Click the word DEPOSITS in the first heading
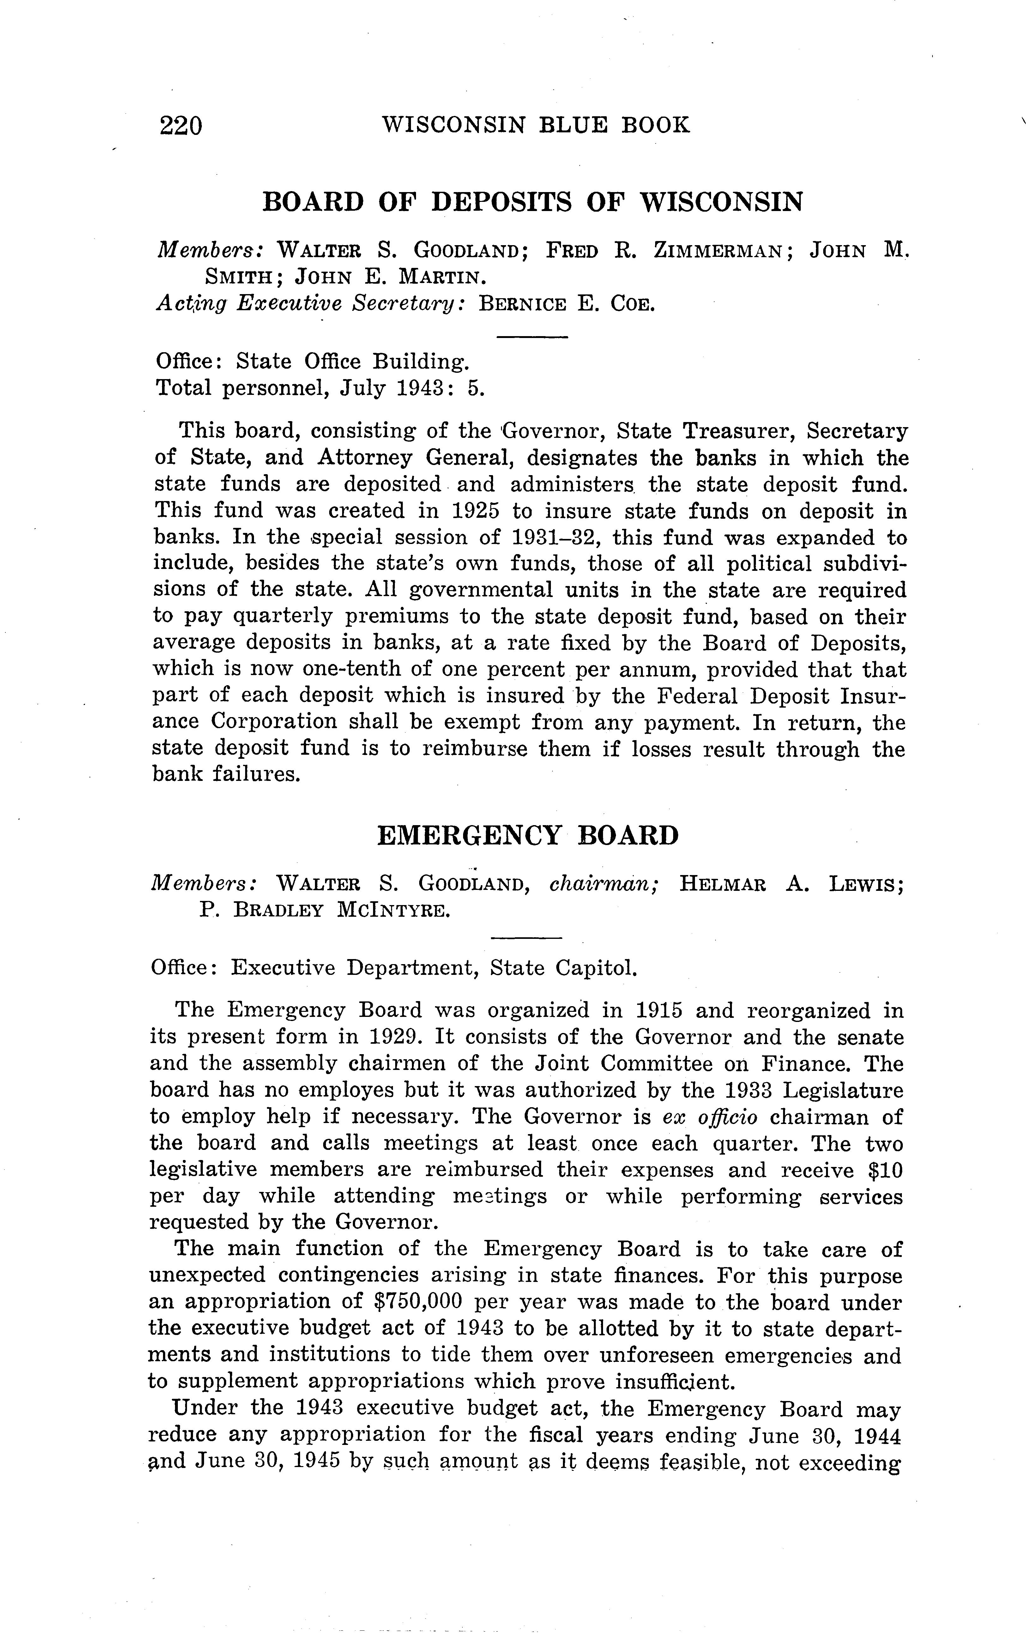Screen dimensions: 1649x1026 pos(504,202)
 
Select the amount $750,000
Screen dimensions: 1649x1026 pos(418,1302)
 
